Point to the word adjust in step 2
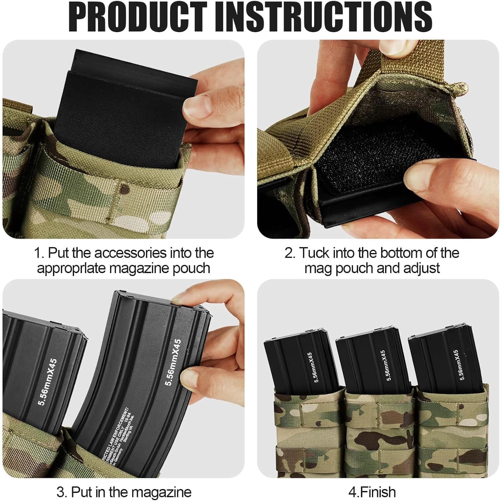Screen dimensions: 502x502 tap(421, 268)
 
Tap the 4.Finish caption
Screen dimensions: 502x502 tap(372, 492)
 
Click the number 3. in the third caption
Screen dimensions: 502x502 tap(62, 492)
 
